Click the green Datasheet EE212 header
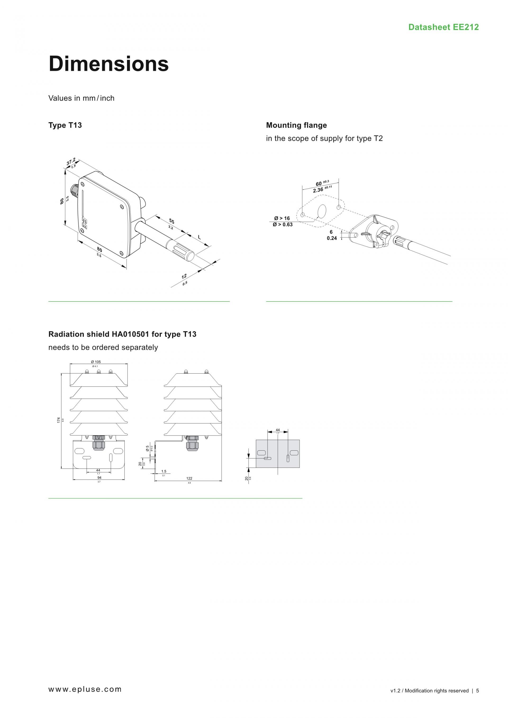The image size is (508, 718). tap(443, 27)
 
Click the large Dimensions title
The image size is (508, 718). tap(108, 64)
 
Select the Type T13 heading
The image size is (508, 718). tap(65, 125)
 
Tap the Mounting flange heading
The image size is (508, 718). tap(296, 125)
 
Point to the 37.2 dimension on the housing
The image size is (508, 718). tap(71, 162)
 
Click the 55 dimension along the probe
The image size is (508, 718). tap(171, 221)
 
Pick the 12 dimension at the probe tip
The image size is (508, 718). tap(184, 276)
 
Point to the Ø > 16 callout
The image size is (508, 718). tap(282, 218)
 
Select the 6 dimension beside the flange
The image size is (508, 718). tap(331, 232)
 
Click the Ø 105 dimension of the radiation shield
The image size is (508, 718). tap(96, 362)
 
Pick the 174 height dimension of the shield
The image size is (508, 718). tap(58, 420)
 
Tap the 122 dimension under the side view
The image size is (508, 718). tap(189, 478)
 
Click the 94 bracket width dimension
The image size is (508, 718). tap(99, 478)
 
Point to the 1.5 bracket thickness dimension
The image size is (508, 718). tap(164, 471)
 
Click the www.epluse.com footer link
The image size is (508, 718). tap(85, 689)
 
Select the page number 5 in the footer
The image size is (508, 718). tap(477, 691)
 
